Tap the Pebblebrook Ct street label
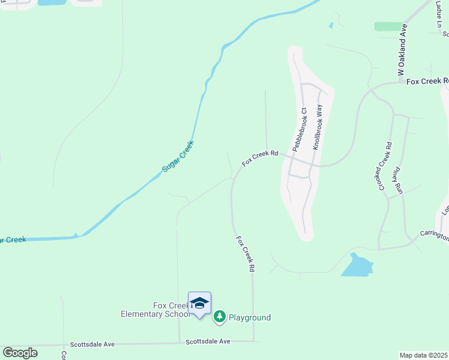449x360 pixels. tap(300, 129)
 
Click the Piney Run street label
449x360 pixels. tap(397, 181)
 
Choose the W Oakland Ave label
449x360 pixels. tap(403, 50)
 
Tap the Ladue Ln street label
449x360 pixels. tap(438, 16)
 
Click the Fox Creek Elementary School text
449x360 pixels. tap(155, 310)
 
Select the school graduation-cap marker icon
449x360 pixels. tap(199, 304)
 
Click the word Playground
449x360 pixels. tap(249, 317)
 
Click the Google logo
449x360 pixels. tap(20, 353)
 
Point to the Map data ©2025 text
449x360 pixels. tap(423, 355)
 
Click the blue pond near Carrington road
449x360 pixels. tap(357, 265)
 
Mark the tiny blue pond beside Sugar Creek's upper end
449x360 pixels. tap(331, 25)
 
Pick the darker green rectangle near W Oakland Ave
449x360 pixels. tap(388, 26)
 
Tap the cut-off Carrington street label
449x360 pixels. tap(434, 236)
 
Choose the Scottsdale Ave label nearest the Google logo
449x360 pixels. tap(92, 344)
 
